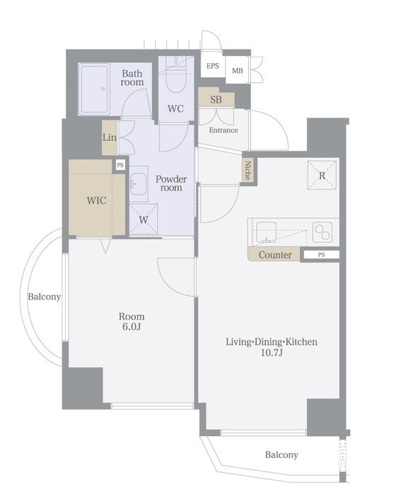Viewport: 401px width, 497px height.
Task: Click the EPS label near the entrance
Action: pos(213,66)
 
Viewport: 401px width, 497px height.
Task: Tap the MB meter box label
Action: pos(237,71)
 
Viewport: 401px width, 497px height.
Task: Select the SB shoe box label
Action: pos(216,100)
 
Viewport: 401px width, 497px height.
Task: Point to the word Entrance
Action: pos(223,130)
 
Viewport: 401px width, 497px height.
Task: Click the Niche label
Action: pos(248,170)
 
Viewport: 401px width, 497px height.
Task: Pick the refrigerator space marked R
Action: pos(322,176)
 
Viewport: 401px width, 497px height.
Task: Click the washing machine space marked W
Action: pos(144,219)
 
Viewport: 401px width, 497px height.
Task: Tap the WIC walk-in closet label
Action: pos(97,200)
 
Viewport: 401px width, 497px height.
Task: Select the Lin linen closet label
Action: pos(110,137)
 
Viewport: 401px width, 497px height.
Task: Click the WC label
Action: pos(175,109)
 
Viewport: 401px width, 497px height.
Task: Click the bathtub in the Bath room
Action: pos(94,89)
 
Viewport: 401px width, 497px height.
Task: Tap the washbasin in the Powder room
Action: pos(139,184)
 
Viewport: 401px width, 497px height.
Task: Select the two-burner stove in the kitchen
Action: pos(322,232)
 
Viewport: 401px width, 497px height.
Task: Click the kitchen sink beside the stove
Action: pos(266,232)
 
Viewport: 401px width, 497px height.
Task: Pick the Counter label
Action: pos(275,255)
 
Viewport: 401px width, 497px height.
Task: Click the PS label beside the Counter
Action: pos(321,255)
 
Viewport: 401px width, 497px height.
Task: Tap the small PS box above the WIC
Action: pos(120,165)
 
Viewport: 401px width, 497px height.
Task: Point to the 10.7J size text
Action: pos(272,353)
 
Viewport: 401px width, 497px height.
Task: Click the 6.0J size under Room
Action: pos(132,326)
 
